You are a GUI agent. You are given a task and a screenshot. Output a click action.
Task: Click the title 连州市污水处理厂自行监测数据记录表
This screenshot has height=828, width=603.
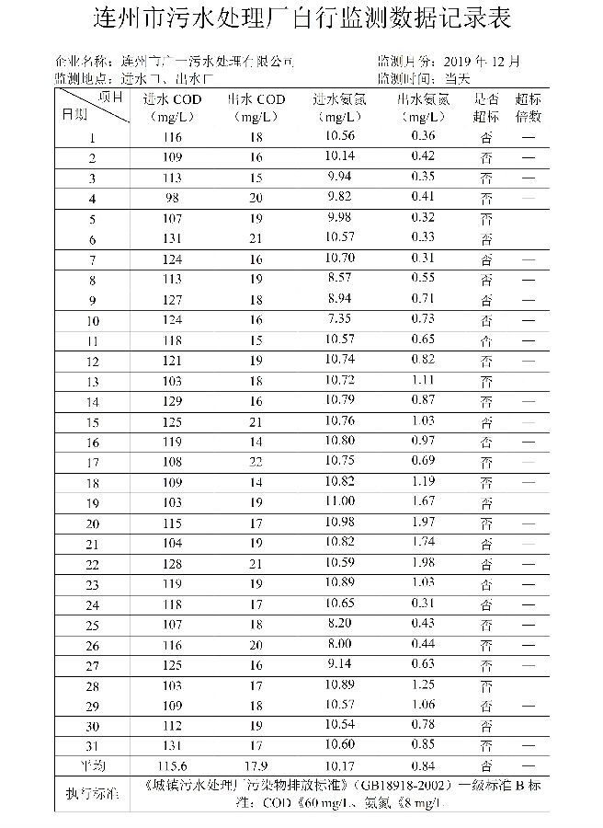(x=302, y=18)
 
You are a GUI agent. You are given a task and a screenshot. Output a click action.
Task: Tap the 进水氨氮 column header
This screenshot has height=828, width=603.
(x=338, y=109)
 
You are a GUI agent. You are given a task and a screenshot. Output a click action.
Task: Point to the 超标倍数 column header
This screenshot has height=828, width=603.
(x=529, y=109)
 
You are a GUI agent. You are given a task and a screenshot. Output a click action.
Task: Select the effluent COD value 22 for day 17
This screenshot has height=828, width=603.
(x=256, y=461)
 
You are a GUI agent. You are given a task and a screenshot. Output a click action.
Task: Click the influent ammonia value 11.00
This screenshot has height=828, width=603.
(x=339, y=501)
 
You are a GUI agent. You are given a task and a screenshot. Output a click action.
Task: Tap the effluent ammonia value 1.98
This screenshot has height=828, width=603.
(x=423, y=562)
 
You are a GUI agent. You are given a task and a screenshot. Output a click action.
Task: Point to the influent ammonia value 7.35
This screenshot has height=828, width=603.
(x=339, y=319)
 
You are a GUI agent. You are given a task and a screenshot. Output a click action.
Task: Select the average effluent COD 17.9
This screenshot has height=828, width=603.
(x=256, y=765)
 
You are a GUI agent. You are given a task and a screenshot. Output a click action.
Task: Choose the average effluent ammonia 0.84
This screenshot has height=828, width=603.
(x=423, y=765)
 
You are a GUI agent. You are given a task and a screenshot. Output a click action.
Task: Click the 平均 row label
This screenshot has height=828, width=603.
(x=92, y=765)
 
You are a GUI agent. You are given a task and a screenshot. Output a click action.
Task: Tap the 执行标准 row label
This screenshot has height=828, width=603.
(x=92, y=794)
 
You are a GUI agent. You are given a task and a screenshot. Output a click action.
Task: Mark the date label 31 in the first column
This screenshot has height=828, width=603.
(x=92, y=744)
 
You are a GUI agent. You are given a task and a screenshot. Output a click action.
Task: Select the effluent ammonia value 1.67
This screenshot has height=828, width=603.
(x=423, y=501)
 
